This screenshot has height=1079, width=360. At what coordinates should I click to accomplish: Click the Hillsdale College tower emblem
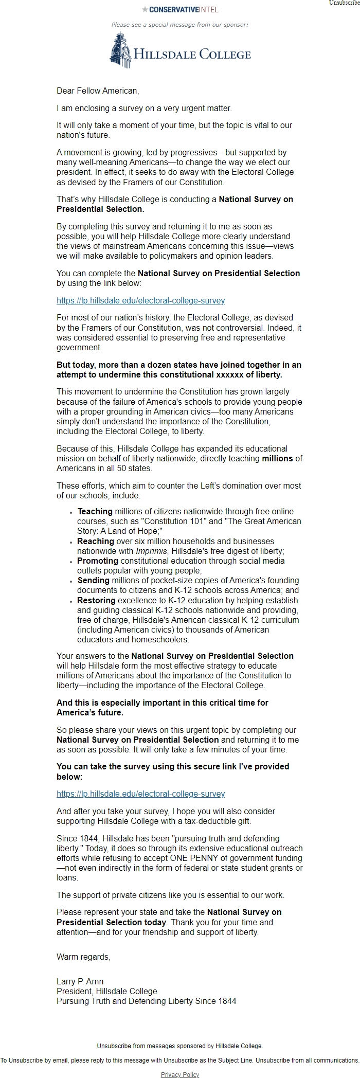pos(120,50)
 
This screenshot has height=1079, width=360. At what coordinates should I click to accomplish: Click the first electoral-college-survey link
pos(140,300)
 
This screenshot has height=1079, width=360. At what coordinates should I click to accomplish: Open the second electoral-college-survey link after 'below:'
pos(140,794)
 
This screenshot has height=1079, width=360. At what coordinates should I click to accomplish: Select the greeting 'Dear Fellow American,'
pos(98,91)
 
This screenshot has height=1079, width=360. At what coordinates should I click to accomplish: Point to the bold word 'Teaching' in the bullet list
pos(95,511)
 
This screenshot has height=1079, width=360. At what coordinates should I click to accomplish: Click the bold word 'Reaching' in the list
pos(96,541)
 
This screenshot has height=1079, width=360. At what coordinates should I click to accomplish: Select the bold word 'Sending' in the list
pos(94,580)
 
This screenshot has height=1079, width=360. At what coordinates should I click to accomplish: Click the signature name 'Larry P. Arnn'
pos(80,981)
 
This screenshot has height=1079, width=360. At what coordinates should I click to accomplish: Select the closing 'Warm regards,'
pos(83,957)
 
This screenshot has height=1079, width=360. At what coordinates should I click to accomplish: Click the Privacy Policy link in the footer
pos(179,1074)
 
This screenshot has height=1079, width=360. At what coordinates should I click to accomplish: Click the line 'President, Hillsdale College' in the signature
pos(107,991)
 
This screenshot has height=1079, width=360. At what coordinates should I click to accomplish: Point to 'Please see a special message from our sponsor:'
pos(179,24)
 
